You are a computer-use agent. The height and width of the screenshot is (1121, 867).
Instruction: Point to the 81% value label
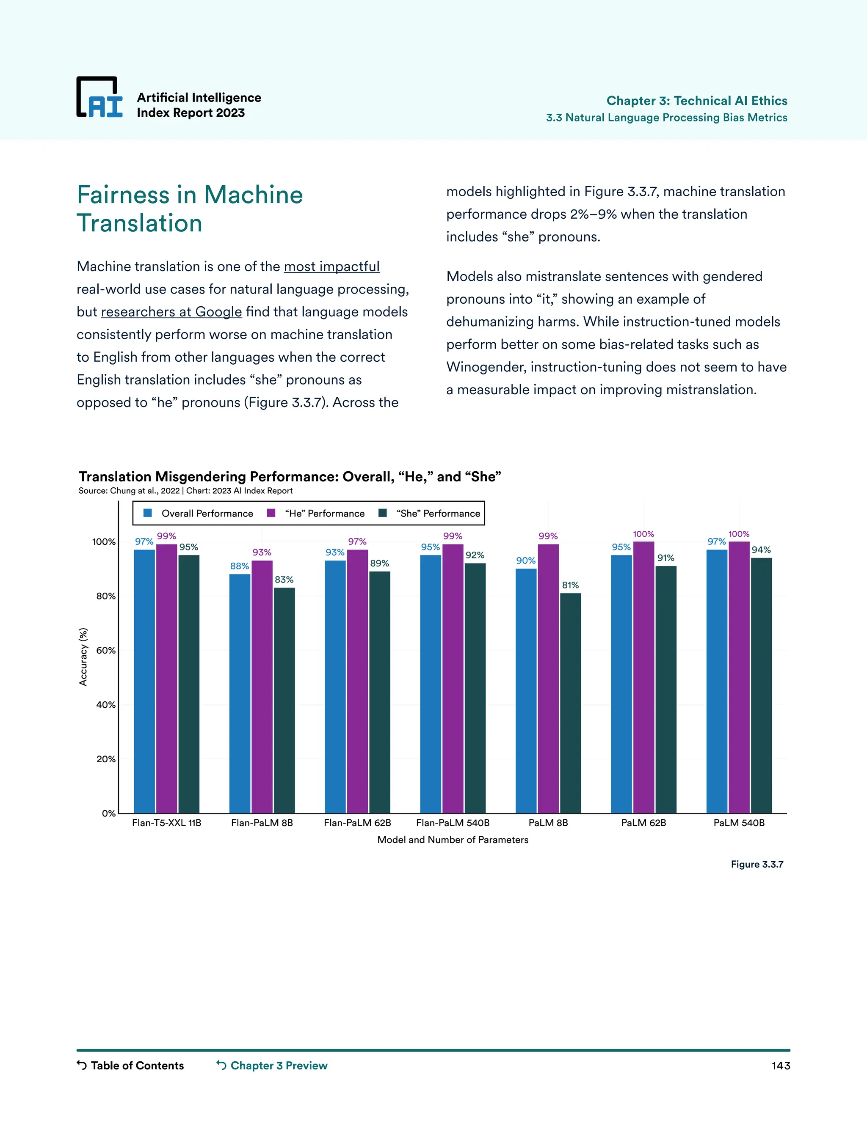coord(570,585)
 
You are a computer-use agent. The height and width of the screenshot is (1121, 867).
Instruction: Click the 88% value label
coord(239,566)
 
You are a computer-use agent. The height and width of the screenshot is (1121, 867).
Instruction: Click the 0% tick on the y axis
coord(108,813)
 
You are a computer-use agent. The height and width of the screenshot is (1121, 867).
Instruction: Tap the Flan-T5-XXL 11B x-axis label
coord(166,823)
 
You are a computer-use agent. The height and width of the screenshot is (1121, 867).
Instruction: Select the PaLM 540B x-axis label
coord(739,823)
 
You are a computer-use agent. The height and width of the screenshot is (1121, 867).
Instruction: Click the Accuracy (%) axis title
coord(83,657)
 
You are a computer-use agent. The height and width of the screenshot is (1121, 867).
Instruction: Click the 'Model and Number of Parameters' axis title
coord(453,840)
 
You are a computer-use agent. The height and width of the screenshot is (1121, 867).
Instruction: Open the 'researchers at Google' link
coord(171,312)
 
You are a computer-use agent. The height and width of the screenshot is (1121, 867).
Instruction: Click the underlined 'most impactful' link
coord(331,267)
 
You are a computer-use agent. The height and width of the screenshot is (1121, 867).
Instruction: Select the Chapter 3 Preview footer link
coord(272,1066)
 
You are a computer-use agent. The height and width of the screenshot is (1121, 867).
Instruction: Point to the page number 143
coord(780,1066)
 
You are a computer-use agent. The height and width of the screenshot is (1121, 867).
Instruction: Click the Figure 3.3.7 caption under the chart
coord(757,864)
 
